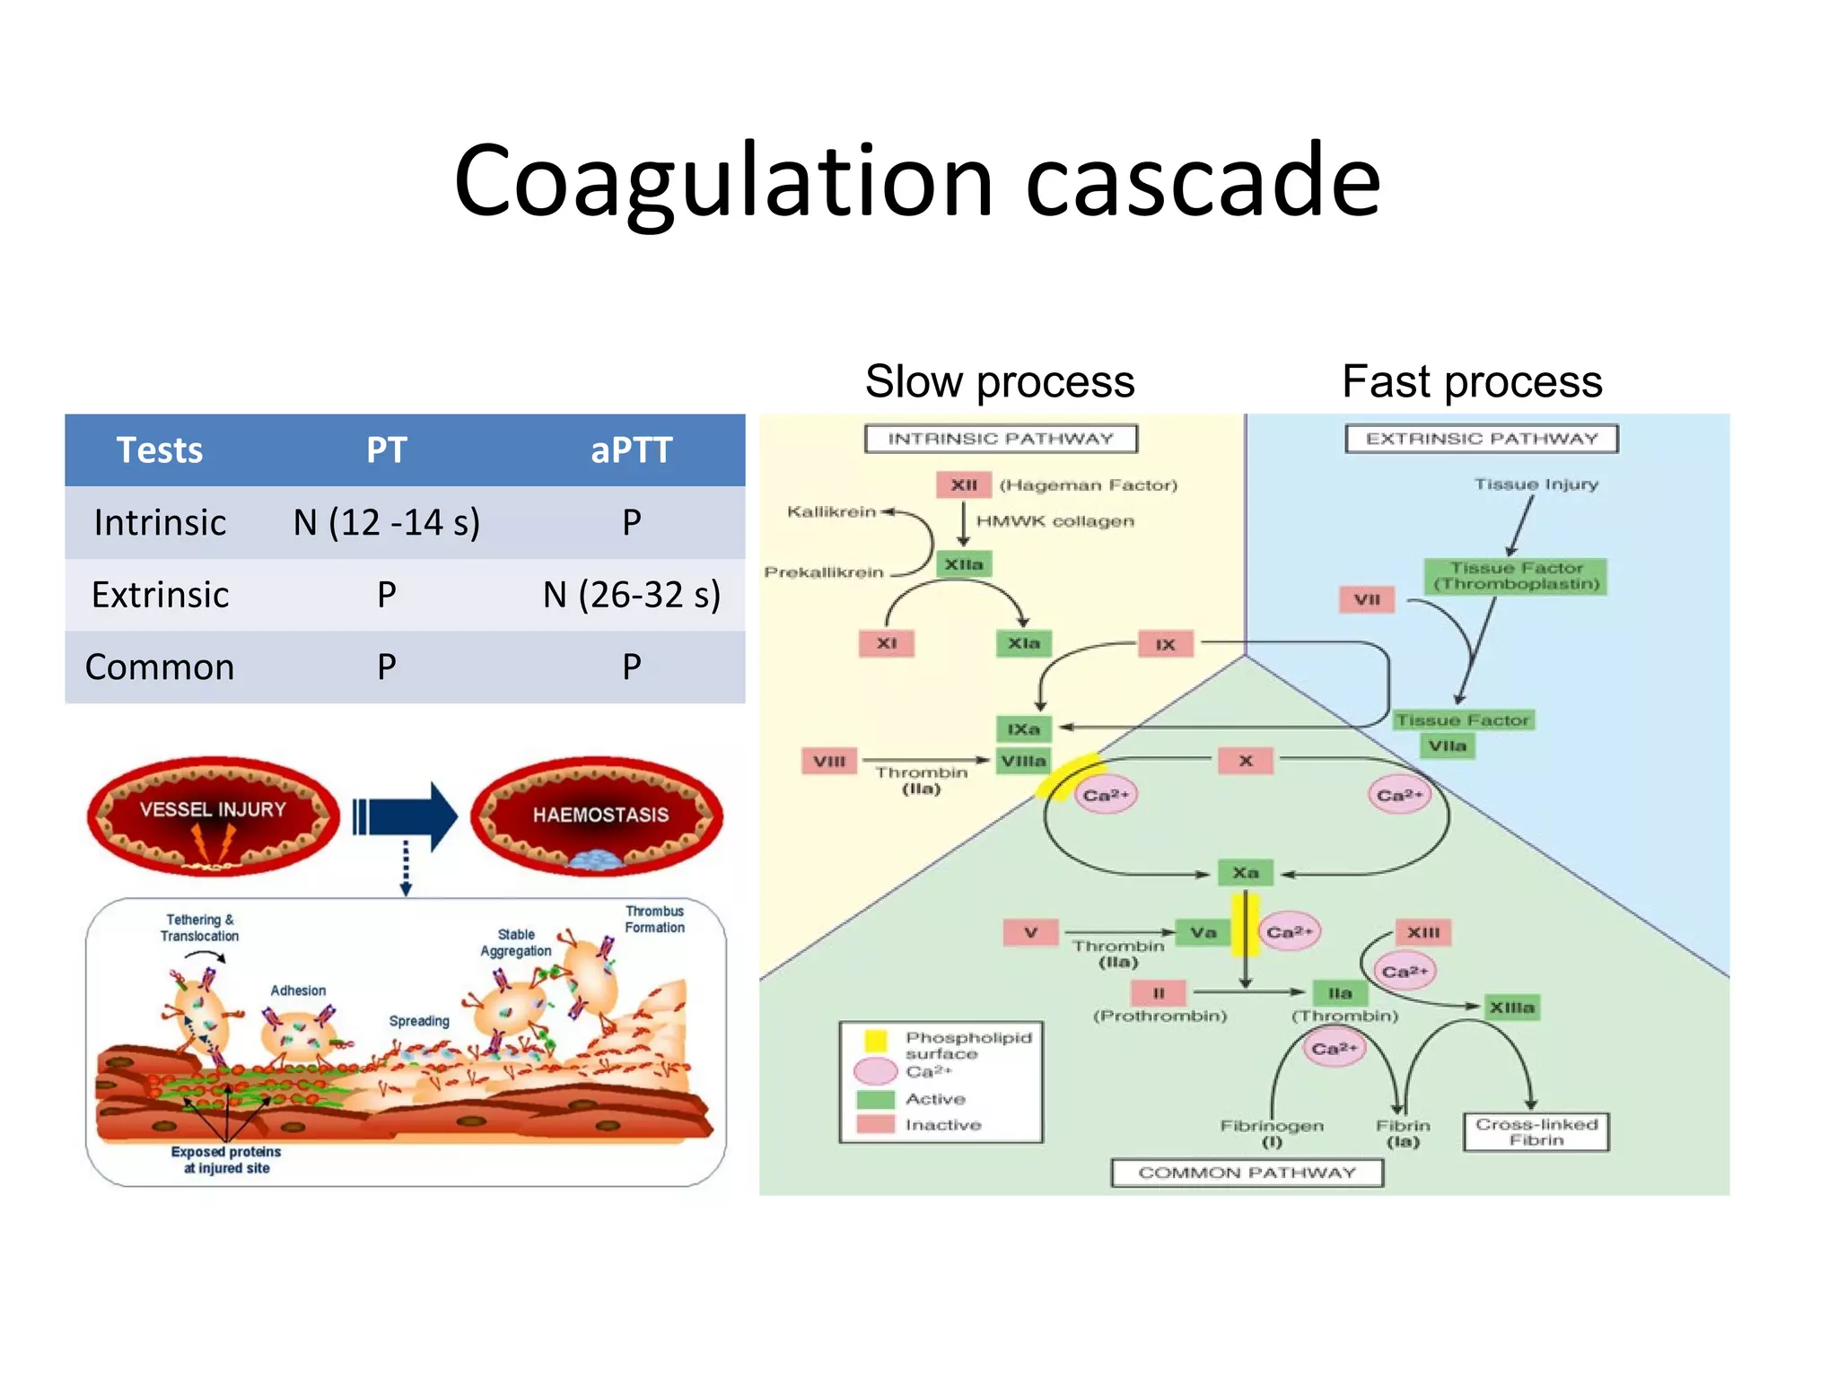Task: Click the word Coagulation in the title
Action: coord(722,181)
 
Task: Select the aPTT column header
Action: coord(631,450)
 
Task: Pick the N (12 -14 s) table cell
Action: coord(387,522)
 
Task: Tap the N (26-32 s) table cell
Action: coord(631,595)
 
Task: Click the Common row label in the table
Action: coord(160,667)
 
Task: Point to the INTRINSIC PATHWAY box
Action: coord(1001,439)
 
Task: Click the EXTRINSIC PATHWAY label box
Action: coord(1481,439)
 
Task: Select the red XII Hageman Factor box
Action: coord(964,484)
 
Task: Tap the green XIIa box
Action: coord(964,564)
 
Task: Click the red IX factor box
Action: coord(1165,644)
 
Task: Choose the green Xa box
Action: coord(1245,873)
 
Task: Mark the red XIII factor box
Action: coord(1422,933)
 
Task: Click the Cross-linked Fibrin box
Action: coord(1536,1132)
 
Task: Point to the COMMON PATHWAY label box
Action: coord(1247,1173)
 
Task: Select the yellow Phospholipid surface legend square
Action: coord(875,1041)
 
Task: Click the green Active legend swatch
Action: coord(875,1100)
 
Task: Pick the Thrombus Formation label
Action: coord(654,920)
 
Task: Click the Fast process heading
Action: coord(1472,381)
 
